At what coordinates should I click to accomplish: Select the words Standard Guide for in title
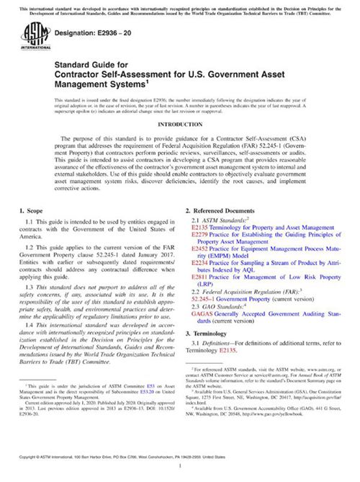(81, 64)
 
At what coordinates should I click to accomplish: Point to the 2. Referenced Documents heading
(220, 210)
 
